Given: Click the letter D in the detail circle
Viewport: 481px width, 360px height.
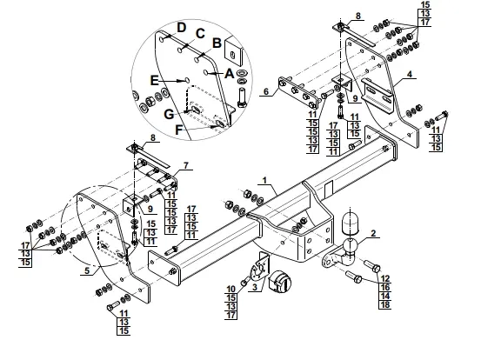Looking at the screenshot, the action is (x=182, y=27).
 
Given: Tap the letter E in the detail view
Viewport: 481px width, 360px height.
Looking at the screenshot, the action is (x=154, y=81).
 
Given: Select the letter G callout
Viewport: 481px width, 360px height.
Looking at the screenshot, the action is (x=169, y=115).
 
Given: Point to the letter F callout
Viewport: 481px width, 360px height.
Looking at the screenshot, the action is (x=179, y=130).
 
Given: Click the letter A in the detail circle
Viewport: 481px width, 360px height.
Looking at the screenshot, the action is (x=229, y=74).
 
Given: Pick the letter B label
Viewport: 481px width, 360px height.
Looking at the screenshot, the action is (x=217, y=43).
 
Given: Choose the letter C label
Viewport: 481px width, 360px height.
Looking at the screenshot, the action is (x=200, y=33).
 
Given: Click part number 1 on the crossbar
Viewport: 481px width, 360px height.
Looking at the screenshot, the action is (x=264, y=180).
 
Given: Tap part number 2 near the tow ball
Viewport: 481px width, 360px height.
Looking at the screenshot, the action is (x=373, y=233).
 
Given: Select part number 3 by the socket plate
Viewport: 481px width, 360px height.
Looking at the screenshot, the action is (x=255, y=287).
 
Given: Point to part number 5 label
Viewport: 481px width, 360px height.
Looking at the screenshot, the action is (x=87, y=270).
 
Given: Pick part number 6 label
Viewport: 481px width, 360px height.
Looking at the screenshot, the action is (x=266, y=91).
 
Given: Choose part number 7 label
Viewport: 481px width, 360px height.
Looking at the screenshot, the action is (x=186, y=165).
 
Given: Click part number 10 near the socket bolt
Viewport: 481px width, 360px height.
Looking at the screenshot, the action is (x=230, y=289).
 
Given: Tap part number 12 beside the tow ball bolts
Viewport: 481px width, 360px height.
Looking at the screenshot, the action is (x=385, y=278).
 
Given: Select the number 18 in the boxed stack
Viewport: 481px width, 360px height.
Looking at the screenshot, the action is (x=385, y=304).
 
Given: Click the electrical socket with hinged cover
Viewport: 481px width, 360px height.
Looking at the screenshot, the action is (x=279, y=281).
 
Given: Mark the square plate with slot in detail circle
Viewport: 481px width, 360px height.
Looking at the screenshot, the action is (x=234, y=52).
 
